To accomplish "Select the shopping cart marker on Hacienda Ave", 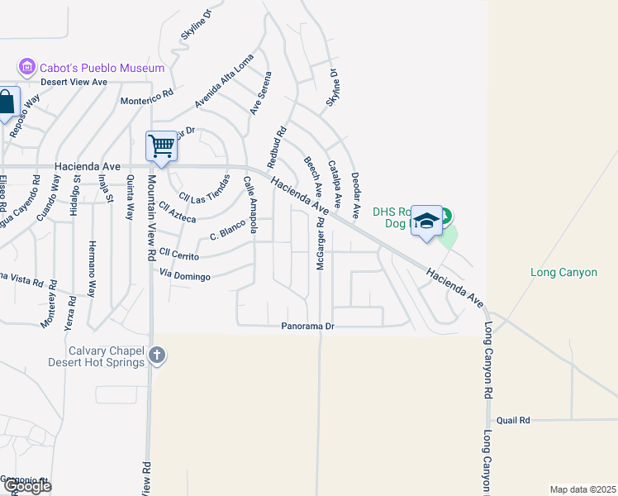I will (x=162, y=146).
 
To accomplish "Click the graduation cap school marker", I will (x=426, y=221).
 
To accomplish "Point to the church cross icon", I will (x=157, y=356).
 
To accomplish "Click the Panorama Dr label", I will (x=307, y=327).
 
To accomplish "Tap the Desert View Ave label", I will (x=75, y=82).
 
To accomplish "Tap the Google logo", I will (x=27, y=486).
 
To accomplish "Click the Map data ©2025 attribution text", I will (x=583, y=489).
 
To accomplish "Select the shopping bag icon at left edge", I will (x=6, y=103).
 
